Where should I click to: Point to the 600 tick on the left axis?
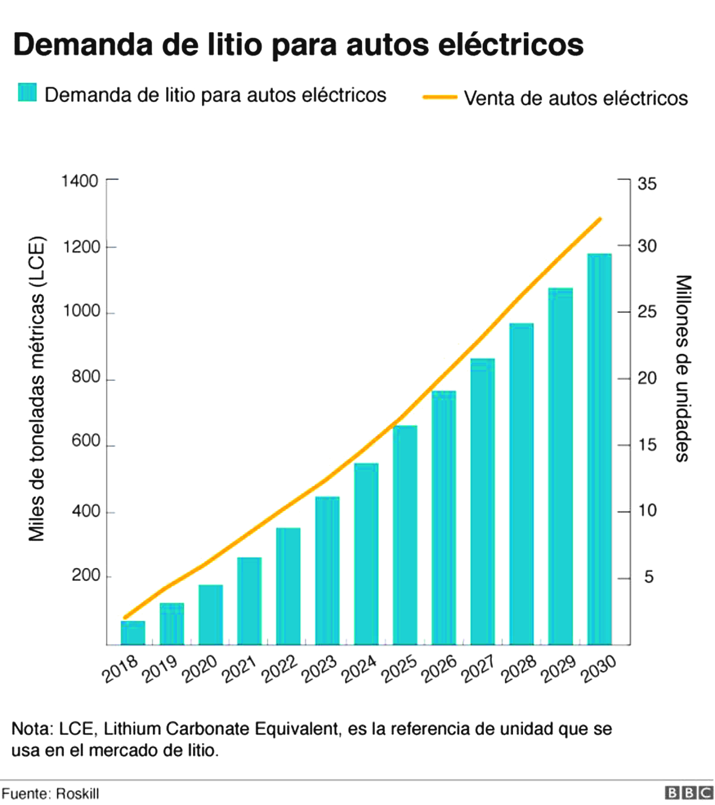click(x=86, y=441)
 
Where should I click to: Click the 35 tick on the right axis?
click(x=647, y=184)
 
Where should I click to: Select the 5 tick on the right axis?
click(x=649, y=577)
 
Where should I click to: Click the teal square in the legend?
click(x=27, y=93)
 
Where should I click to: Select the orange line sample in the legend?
click(x=440, y=97)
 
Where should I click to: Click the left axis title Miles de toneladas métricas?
click(x=36, y=389)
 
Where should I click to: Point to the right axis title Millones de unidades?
click(x=683, y=368)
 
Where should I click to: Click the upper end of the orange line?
click(x=600, y=219)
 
